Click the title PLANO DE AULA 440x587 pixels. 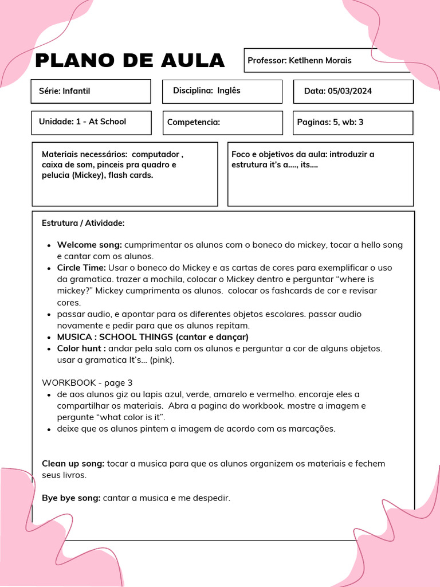129,61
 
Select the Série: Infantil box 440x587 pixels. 91,91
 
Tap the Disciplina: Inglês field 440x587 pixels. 222,91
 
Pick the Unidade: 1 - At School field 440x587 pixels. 91,122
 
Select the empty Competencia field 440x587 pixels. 222,122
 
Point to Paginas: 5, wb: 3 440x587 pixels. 353,122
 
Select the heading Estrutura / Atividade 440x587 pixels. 83,223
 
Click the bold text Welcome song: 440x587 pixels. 89,245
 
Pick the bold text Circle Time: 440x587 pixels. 81,268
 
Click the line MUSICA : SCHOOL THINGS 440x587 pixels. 152,337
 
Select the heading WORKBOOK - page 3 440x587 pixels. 87,382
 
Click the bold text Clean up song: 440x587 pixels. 73,463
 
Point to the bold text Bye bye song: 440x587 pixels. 71,498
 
